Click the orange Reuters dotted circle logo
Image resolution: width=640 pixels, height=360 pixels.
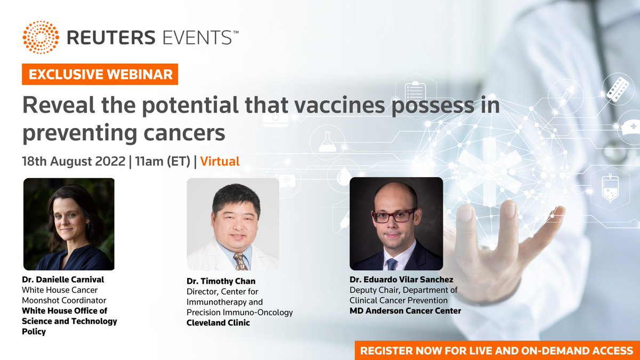(x=41, y=38)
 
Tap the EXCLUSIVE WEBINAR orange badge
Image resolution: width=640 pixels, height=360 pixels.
(x=100, y=74)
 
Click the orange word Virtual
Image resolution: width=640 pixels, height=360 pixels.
(x=220, y=161)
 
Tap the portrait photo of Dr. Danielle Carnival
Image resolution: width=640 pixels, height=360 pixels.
(x=69, y=224)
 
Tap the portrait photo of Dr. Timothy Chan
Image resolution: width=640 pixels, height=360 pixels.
(x=233, y=224)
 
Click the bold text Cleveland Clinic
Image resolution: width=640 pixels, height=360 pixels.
(x=218, y=323)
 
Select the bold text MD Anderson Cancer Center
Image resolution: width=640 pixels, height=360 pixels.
(x=405, y=310)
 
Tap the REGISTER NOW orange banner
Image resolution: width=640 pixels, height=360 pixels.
(x=497, y=350)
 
